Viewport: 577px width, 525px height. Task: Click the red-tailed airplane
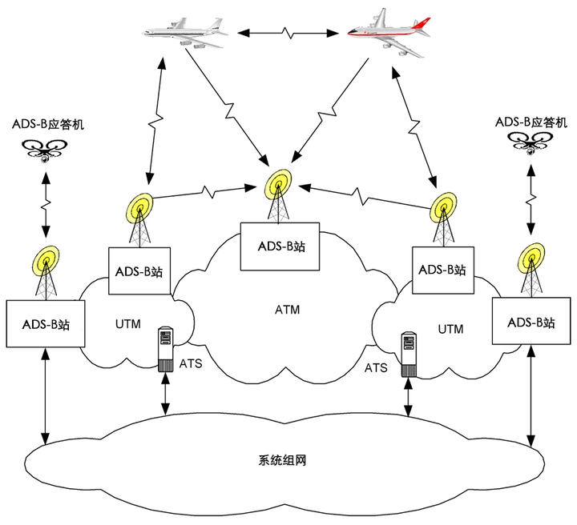pos(389,33)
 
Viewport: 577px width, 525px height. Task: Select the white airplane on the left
pos(185,33)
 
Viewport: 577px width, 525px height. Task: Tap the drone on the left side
pos(45,150)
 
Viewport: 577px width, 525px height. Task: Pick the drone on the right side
pos(531,143)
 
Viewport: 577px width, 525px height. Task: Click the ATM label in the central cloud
pos(288,310)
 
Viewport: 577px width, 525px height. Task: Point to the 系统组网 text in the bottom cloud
pos(282,460)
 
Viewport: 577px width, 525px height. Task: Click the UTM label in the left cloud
pos(128,324)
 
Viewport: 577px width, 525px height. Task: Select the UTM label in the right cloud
pos(450,329)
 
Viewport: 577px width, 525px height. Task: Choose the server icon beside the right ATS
pos(409,355)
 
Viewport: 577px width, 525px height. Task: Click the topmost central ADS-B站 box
pos(280,246)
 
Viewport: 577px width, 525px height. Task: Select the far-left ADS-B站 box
pos(46,323)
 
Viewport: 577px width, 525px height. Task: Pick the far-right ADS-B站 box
pos(531,321)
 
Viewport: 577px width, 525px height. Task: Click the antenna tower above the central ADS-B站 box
pos(278,196)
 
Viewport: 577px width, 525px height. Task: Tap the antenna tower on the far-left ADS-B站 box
pos(46,273)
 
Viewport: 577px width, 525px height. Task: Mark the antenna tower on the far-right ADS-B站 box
pos(531,270)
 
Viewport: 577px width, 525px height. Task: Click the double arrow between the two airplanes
pos(288,34)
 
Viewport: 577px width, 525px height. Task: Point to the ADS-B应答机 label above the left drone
pos(48,124)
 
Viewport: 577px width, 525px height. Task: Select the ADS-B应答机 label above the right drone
pos(531,122)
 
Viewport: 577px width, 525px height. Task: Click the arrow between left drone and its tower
pos(46,205)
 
